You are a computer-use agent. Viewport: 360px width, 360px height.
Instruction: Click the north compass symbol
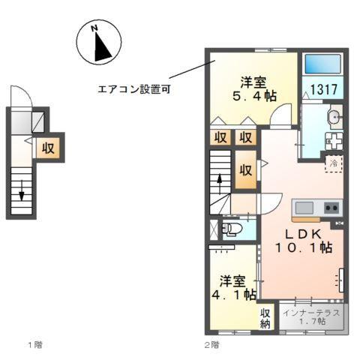pos(99,42)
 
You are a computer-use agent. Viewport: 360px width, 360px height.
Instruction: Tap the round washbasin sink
pos(334,116)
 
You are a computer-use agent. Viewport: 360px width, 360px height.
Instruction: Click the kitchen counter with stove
pos(316,208)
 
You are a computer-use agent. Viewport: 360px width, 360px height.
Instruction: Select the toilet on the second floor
pos(232,228)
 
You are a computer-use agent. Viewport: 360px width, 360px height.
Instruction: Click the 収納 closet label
pos(265,319)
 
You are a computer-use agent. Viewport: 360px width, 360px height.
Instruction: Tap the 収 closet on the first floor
pos(48,147)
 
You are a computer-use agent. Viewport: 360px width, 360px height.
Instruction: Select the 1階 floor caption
pos(34,344)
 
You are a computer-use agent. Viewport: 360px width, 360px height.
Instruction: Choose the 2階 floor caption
pos(211,344)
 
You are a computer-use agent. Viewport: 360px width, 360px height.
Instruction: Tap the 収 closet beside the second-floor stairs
pos(245,169)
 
